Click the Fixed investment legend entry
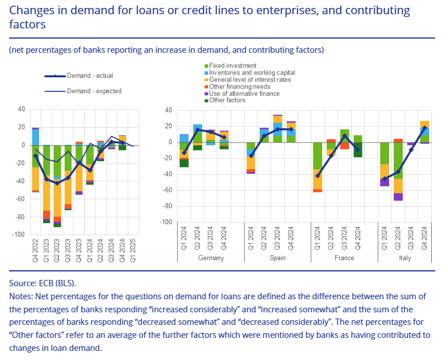click(232, 66)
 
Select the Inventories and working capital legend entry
click(252, 73)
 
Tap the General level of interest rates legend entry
click(249, 79)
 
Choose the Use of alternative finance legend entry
click(244, 93)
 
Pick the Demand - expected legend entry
click(94, 91)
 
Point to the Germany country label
click(210, 258)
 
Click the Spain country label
click(277, 258)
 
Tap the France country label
click(344, 258)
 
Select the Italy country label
click(411, 258)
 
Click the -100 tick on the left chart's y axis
click(19, 235)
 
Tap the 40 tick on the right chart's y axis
click(168, 110)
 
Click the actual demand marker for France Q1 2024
click(318, 175)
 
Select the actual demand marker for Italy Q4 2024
click(424, 128)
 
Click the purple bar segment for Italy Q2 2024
click(399, 196)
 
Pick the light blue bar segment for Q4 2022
click(36, 137)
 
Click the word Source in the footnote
click(23, 282)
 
